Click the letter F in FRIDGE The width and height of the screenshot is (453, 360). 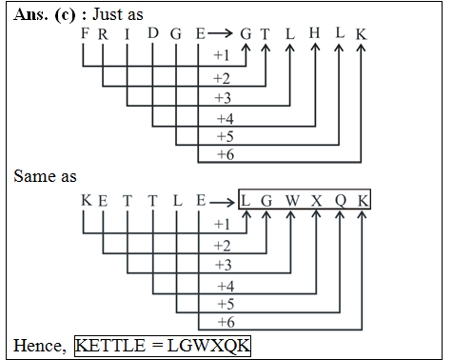point(85,34)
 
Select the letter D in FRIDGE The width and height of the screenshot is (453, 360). point(153,34)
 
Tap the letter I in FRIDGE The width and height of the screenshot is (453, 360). point(129,34)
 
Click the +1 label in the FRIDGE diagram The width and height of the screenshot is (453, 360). point(223,56)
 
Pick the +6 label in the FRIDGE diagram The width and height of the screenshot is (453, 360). point(225,153)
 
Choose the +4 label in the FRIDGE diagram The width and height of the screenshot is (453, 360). point(225,118)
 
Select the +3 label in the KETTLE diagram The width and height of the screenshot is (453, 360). point(223,264)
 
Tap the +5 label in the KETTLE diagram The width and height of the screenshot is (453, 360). point(225,305)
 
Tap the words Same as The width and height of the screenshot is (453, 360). point(46,176)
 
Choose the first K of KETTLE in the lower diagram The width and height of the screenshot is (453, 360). point(86,201)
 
